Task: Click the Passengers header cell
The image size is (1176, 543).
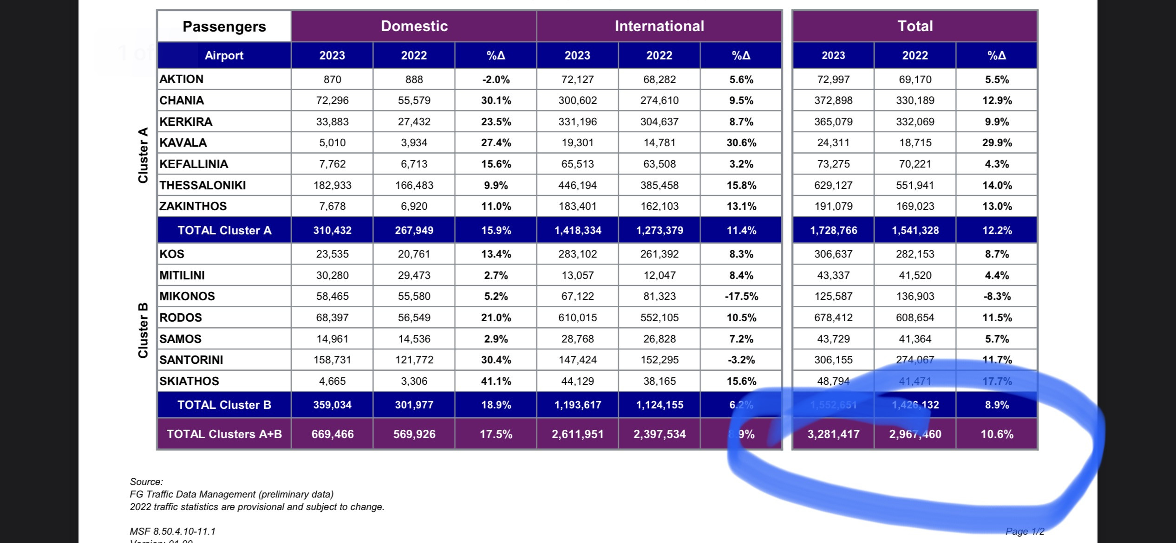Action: [x=224, y=26]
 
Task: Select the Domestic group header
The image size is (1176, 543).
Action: [x=414, y=26]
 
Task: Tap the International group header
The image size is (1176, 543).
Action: [x=659, y=26]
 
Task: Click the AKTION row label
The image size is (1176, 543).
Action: [x=182, y=79]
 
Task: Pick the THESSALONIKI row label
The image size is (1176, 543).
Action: [x=203, y=185]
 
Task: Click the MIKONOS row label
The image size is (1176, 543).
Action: [x=187, y=296]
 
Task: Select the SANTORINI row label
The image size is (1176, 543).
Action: [x=191, y=360]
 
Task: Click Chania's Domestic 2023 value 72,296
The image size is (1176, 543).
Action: [x=332, y=100]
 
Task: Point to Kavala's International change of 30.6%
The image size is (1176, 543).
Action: [x=741, y=142]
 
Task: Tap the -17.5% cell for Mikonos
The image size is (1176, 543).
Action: [x=741, y=296]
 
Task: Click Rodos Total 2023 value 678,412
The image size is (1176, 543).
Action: [x=833, y=317]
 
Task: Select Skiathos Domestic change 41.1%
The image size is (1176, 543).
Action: [x=496, y=381]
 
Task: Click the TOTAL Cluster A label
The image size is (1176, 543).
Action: [x=224, y=230]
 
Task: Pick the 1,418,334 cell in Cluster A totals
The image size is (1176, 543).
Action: [x=577, y=230]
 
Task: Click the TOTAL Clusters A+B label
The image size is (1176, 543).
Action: [x=224, y=434]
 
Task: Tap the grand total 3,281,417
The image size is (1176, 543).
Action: [x=833, y=434]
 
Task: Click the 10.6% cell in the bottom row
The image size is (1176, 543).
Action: [x=997, y=434]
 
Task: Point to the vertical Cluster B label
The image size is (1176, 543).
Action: [x=143, y=330]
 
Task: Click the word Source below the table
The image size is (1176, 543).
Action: [x=146, y=482]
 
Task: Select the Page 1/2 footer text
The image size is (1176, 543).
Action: [x=1025, y=531]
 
